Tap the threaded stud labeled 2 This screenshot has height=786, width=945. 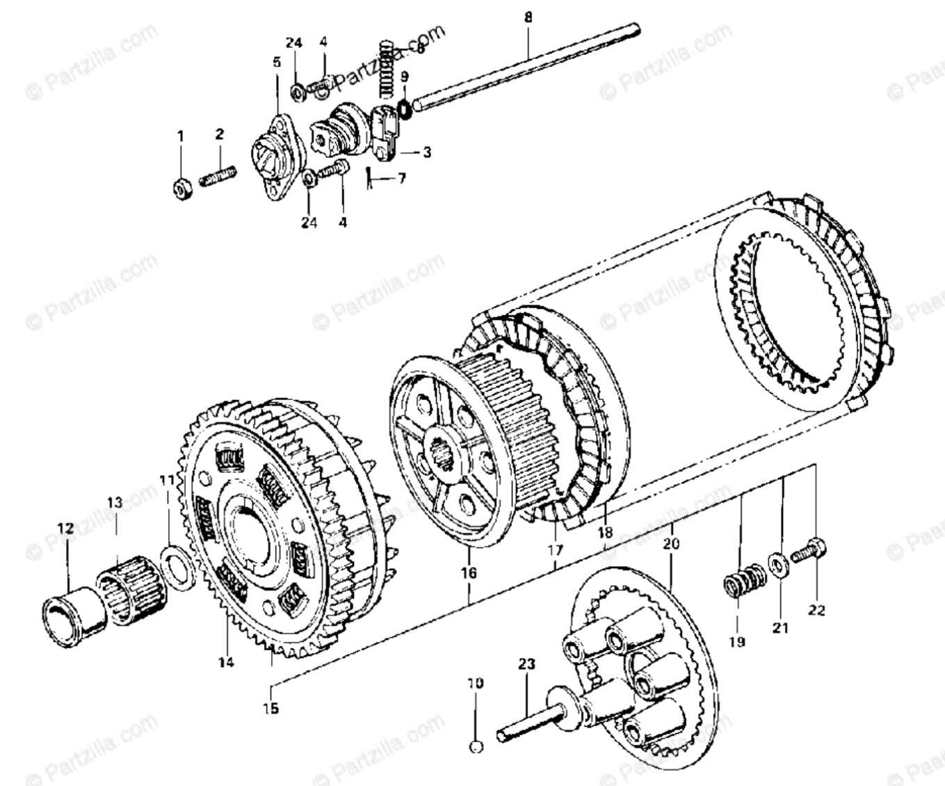218,174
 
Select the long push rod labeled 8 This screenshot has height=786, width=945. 528,66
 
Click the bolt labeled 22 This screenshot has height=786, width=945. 811,548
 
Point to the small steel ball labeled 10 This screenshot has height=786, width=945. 476,747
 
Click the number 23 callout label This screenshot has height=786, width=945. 526,664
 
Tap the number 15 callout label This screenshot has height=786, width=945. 270,708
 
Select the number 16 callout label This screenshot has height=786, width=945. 468,572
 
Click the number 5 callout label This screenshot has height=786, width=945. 277,62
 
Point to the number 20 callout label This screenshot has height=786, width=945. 671,544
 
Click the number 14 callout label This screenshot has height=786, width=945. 225,661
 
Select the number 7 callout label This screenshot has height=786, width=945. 401,179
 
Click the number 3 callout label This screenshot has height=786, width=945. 426,151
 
